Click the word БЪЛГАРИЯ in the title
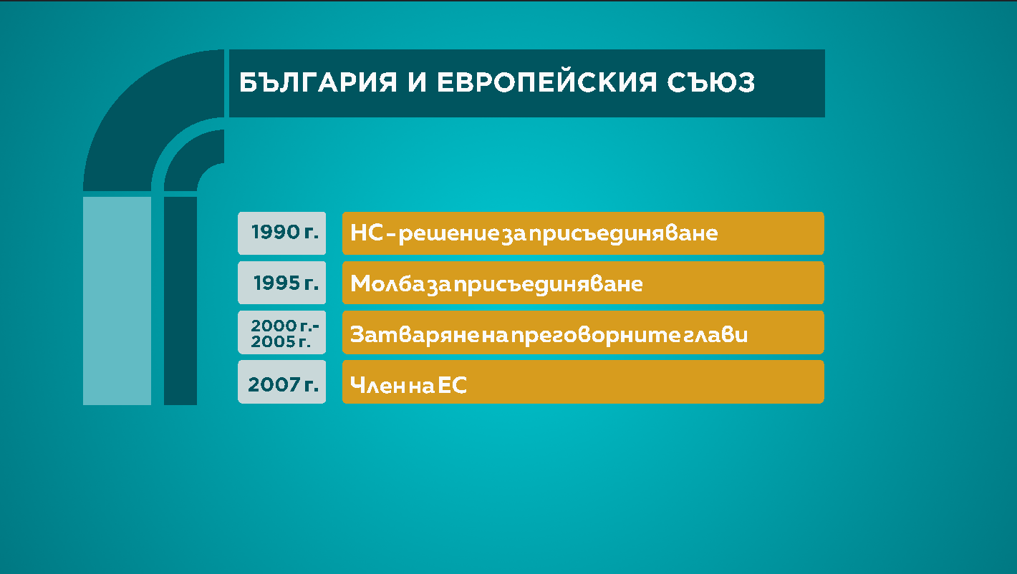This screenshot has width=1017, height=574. pos(318,82)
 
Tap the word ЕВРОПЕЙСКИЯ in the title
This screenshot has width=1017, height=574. pos(546,82)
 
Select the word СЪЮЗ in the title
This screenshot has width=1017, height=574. pos(710,82)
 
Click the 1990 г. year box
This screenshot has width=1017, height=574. pos(282,233)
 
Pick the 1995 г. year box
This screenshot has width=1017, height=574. pos(282,282)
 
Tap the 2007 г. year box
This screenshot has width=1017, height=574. pos(282,381)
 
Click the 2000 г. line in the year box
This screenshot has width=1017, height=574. pos(285,326)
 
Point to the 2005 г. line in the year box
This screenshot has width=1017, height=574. pos(281,341)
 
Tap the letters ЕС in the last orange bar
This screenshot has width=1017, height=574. pos(452,385)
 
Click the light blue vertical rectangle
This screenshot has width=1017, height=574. pos(117,301)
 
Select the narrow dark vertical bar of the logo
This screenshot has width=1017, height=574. pos(180,301)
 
